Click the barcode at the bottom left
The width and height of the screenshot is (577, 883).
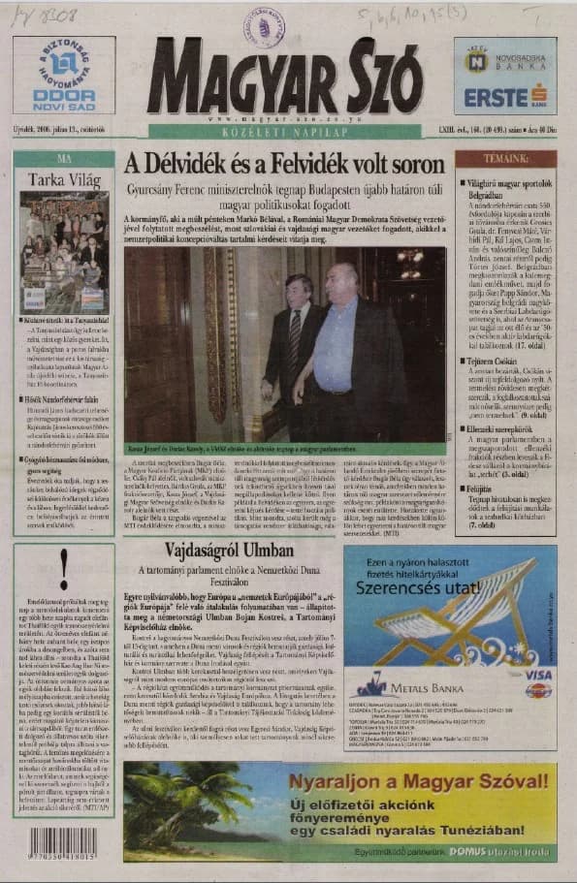click(x=62, y=842)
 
